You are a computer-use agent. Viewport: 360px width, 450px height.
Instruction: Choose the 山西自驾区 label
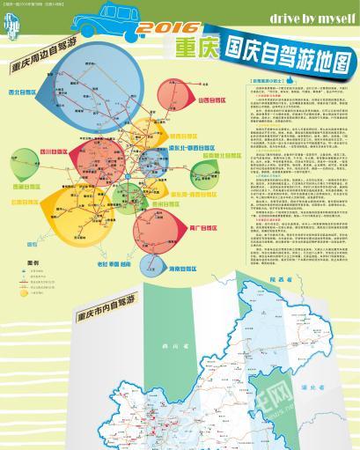tap(215, 101)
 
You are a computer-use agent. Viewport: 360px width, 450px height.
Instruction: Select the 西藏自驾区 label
tap(24, 187)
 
